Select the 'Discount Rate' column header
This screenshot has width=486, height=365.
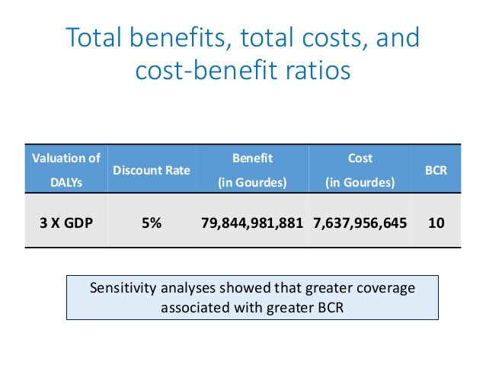pyautogui.click(x=152, y=171)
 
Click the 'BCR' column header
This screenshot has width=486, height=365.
pyautogui.click(x=436, y=171)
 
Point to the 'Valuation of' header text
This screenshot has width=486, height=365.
pyautogui.click(x=66, y=158)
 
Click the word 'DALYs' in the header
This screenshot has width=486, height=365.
pyautogui.click(x=66, y=183)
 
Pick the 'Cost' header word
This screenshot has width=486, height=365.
pyautogui.click(x=360, y=158)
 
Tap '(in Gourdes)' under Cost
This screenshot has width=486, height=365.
pyautogui.click(x=360, y=183)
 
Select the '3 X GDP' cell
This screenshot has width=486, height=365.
pyautogui.click(x=66, y=225)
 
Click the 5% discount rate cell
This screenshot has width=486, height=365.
pyautogui.click(x=152, y=225)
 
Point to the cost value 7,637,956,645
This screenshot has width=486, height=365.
pyautogui.click(x=360, y=225)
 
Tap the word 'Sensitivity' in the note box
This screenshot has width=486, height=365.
pyautogui.click(x=123, y=289)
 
